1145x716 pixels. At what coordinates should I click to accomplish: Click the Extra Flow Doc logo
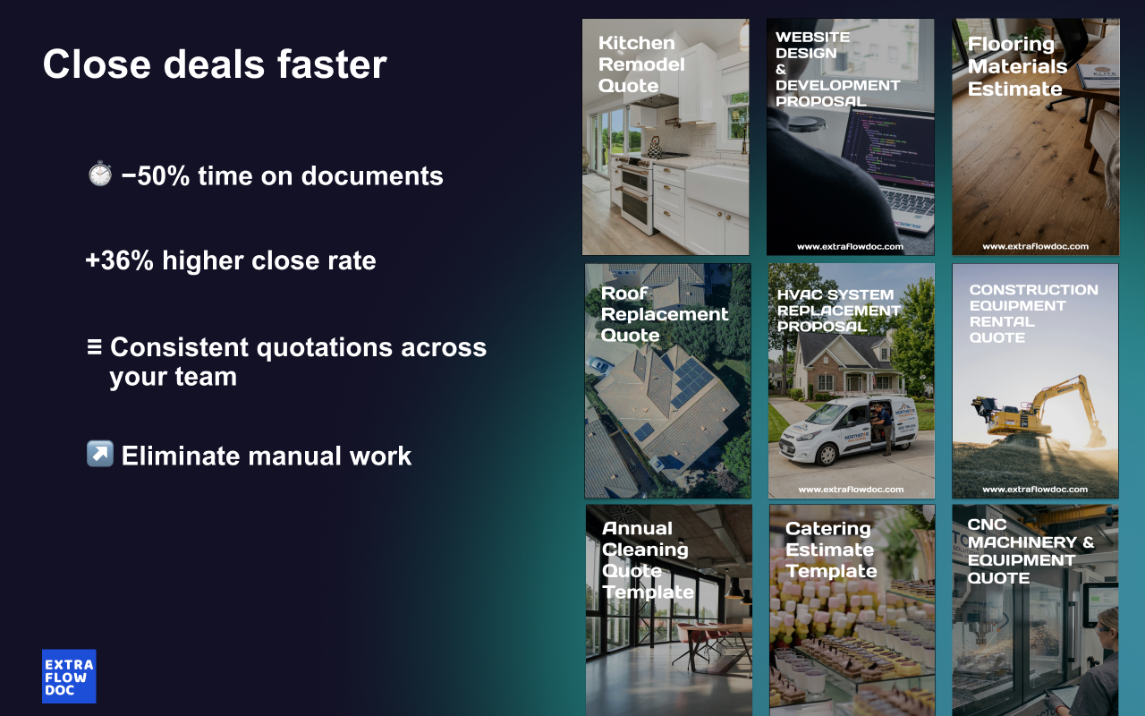69,676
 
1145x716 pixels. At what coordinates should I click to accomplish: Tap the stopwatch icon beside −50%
100,174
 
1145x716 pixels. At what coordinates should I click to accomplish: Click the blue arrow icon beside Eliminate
100,454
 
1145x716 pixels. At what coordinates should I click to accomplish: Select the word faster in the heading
332,64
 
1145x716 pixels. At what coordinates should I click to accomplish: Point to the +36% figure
120,260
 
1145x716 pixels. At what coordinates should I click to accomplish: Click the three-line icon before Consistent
94,346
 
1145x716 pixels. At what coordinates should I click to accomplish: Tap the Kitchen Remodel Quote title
641,64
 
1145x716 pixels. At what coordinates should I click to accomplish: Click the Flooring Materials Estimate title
1017,66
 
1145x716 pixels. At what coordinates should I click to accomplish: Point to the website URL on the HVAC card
851,490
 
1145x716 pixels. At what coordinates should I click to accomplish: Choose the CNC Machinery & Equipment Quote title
1030,551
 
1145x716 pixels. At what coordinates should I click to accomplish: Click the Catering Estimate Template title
831,550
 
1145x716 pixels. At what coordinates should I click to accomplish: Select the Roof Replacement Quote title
665,314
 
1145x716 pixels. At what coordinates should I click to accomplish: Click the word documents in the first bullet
372,176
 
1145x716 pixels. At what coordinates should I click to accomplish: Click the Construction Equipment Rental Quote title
1033,313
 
